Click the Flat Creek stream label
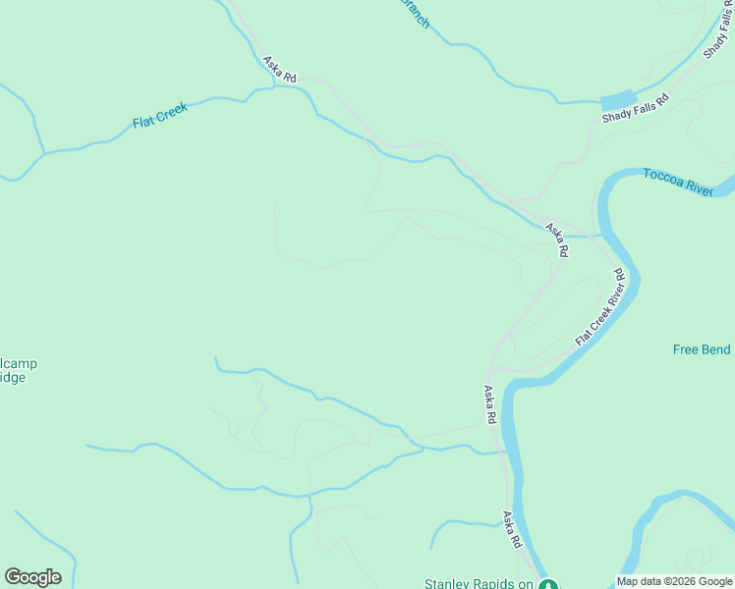[160, 114]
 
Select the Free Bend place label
[703, 349]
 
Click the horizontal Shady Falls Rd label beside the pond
[636, 109]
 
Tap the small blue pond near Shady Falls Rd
[617, 99]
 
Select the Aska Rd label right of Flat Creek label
[279, 68]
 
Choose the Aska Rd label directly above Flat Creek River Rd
[556, 241]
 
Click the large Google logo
[32, 577]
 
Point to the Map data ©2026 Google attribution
[674, 581]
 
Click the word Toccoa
[663, 177]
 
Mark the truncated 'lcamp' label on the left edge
[19, 364]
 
